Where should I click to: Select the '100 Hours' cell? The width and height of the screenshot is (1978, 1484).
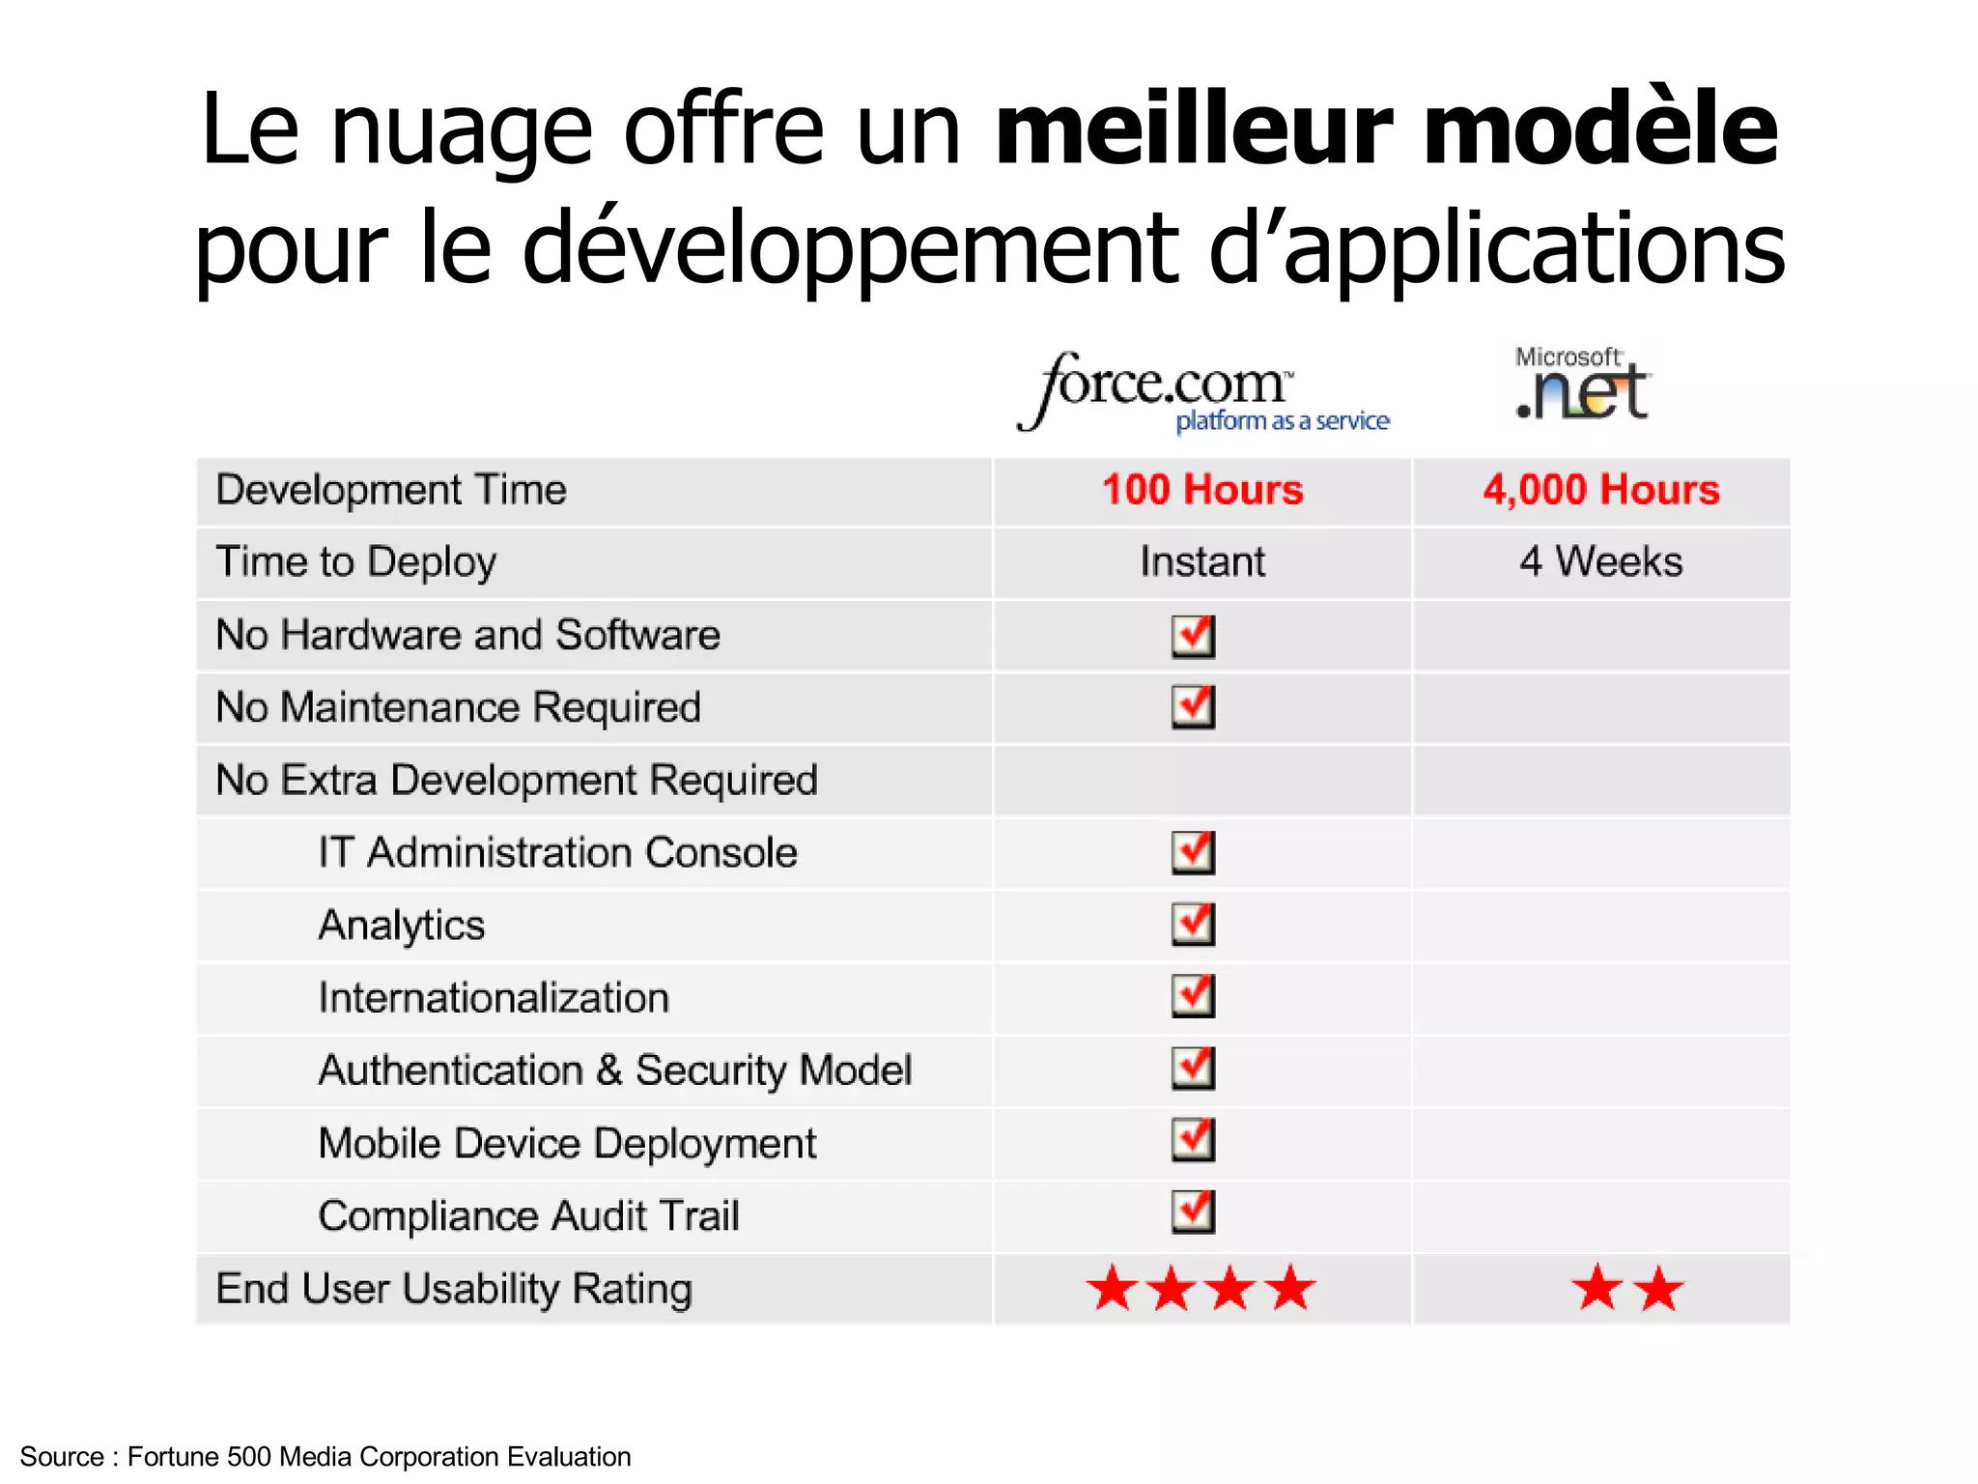[1202, 490]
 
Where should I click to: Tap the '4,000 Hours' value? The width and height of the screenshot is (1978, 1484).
[1601, 490]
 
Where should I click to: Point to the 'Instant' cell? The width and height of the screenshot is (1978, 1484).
[1202, 562]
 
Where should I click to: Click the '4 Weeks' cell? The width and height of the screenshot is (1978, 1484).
[1601, 562]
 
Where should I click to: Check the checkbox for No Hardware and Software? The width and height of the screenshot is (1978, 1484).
[1194, 636]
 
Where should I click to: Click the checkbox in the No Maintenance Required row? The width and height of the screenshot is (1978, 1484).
[1194, 707]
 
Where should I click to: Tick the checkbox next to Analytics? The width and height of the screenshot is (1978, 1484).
[1194, 925]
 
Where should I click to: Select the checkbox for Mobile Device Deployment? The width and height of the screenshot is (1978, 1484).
[1194, 1141]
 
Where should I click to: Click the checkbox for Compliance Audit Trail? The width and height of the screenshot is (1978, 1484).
[1194, 1213]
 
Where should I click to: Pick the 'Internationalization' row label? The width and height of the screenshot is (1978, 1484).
[494, 998]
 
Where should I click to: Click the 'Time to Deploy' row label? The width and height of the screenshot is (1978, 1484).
[356, 562]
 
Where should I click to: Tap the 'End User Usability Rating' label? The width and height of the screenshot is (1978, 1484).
[454, 1289]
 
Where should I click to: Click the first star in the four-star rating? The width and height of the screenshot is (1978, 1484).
[1113, 1289]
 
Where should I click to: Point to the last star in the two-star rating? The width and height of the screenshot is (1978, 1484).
[1659, 1289]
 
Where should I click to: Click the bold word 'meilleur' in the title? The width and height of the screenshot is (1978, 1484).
[1193, 130]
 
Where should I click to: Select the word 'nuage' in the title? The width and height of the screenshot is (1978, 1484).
[462, 133]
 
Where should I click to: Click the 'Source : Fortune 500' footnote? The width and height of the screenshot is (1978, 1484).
[325, 1456]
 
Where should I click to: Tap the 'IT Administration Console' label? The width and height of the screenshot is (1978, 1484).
[558, 853]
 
